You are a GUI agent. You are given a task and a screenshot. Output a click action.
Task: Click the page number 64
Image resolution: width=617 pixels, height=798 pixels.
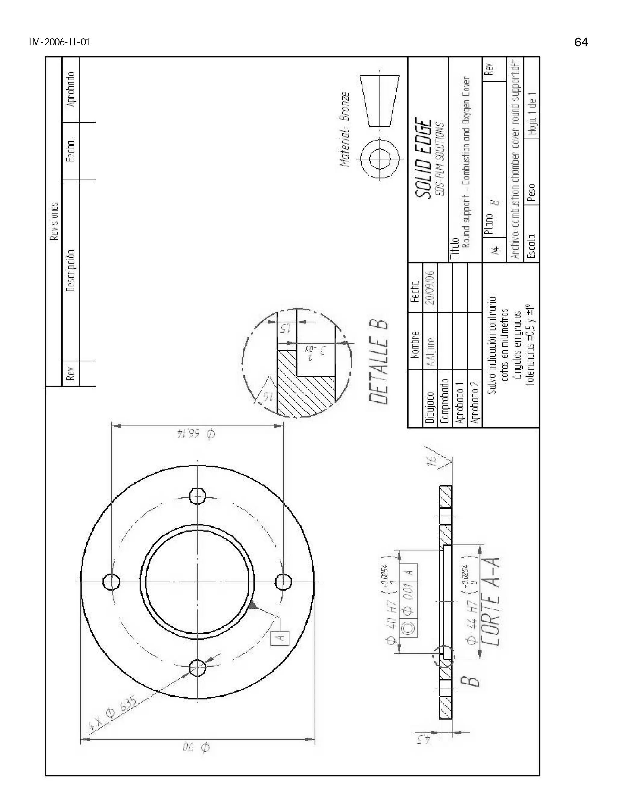pos(581,42)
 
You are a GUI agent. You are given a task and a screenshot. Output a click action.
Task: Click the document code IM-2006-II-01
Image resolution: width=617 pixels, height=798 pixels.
pos(59,42)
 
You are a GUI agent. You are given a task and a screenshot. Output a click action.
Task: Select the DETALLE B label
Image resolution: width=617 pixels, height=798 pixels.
pos(379,362)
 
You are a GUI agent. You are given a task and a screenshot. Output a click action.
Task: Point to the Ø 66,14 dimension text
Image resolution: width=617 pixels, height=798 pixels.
pos(196,434)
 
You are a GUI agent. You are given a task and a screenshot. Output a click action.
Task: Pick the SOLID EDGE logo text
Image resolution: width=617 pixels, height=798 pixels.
pos(424,159)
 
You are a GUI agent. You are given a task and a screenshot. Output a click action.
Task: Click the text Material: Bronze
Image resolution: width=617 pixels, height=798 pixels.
pos(345,130)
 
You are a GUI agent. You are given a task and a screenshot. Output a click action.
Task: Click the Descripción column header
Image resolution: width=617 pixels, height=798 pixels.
pos(70,270)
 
